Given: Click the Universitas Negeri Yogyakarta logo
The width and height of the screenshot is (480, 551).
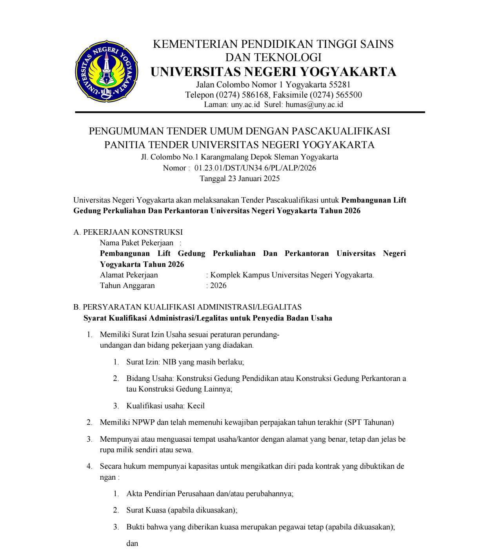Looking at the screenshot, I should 106,71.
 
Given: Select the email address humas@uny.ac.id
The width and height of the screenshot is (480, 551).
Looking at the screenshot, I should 314,105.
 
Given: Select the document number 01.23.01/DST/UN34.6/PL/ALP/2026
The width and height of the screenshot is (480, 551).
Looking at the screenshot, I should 255,168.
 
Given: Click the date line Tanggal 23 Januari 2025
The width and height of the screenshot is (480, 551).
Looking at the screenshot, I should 240,179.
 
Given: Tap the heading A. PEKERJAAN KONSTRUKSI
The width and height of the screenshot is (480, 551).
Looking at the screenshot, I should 128,232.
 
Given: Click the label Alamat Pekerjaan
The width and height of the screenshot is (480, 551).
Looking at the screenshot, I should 129,275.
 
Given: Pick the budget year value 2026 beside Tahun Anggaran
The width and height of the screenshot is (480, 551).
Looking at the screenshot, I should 218,286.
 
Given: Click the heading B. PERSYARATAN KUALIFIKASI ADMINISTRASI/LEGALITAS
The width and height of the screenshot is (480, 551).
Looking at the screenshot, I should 187,307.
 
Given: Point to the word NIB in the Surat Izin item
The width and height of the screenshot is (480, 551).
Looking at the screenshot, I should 169,362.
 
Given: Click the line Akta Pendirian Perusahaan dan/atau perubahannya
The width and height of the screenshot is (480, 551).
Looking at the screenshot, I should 210,494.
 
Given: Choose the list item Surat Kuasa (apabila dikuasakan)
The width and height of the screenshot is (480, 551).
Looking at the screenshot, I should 182,510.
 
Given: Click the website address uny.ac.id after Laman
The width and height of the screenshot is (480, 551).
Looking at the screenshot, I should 245,105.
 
